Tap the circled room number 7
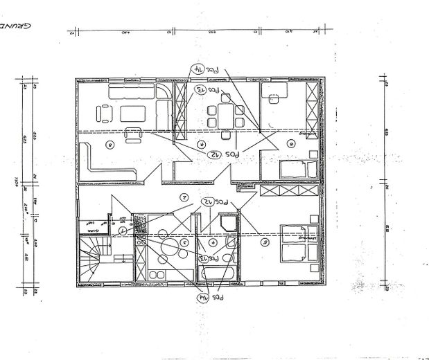tap(200, 144)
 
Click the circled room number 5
tap(263, 242)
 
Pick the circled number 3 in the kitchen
tap(184, 242)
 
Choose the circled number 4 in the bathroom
tap(213, 242)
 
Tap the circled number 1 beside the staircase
tap(122, 230)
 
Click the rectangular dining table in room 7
tap(224, 113)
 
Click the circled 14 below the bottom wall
tap(199, 298)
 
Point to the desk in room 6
tap(277, 98)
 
